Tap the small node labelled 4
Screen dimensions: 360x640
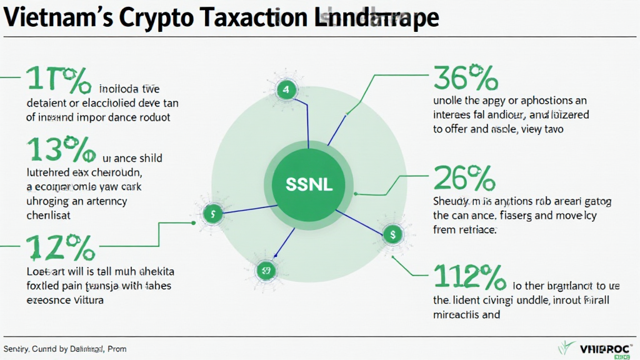(286, 90)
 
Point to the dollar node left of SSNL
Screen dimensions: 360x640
(214, 213)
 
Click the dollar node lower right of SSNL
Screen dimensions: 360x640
(392, 234)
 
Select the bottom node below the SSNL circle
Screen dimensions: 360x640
(266, 270)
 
